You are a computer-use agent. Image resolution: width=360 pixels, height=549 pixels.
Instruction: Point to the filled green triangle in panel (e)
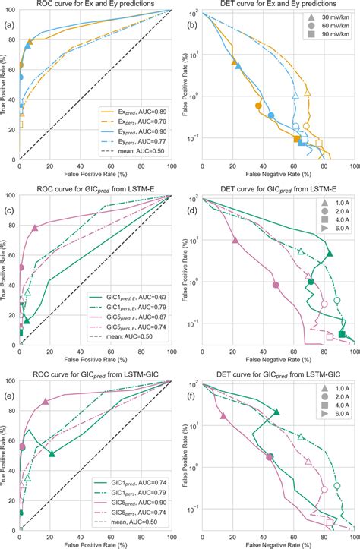[52, 453]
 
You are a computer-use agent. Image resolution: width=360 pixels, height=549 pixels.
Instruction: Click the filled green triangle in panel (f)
[276, 412]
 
